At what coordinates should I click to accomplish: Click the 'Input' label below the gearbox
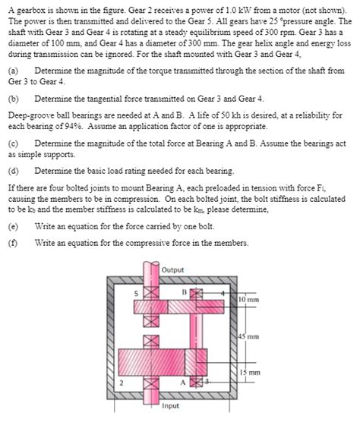(x=172, y=405)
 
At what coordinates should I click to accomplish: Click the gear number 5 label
(x=137, y=292)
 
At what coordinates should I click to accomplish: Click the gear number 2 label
(x=120, y=383)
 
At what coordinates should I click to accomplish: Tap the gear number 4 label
(x=221, y=291)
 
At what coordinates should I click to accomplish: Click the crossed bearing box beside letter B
(x=195, y=293)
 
